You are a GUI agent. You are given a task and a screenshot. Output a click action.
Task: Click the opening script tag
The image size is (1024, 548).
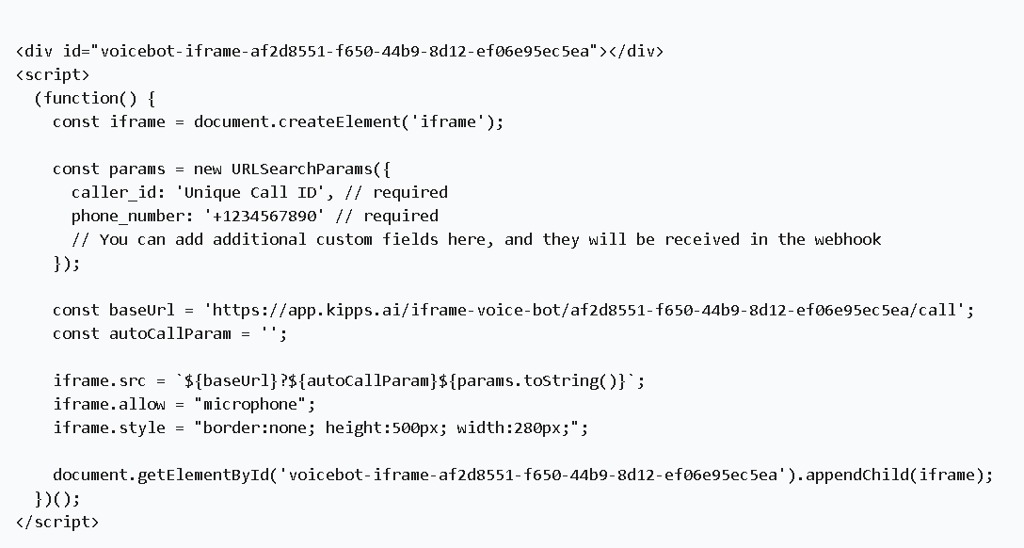click(x=53, y=74)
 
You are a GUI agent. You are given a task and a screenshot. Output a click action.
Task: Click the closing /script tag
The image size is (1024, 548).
click(x=57, y=522)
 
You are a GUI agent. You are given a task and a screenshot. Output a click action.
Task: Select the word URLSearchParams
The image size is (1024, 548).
click(x=302, y=169)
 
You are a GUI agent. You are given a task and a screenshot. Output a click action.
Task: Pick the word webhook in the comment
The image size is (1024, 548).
click(x=847, y=239)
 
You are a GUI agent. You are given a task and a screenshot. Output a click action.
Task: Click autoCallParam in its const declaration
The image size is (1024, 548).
click(x=169, y=333)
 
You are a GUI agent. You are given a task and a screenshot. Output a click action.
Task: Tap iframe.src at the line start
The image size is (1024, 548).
click(x=99, y=380)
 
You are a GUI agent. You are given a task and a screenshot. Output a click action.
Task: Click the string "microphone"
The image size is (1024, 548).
click(x=250, y=404)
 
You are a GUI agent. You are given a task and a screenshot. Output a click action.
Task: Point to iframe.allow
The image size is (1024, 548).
click(x=109, y=404)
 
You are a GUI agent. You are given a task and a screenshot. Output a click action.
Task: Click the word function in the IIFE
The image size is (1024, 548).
click(x=81, y=98)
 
